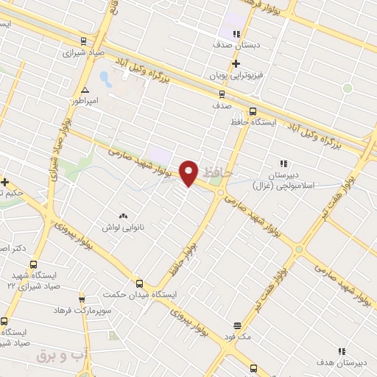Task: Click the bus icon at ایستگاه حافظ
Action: pos(253,112)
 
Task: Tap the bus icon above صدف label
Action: pos(222,94)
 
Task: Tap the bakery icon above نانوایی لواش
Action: pos(123,216)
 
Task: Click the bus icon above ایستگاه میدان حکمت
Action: pos(140,283)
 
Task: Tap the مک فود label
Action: pos(239,336)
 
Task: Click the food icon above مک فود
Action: pos(237,325)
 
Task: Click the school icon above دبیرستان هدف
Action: pos(341,352)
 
